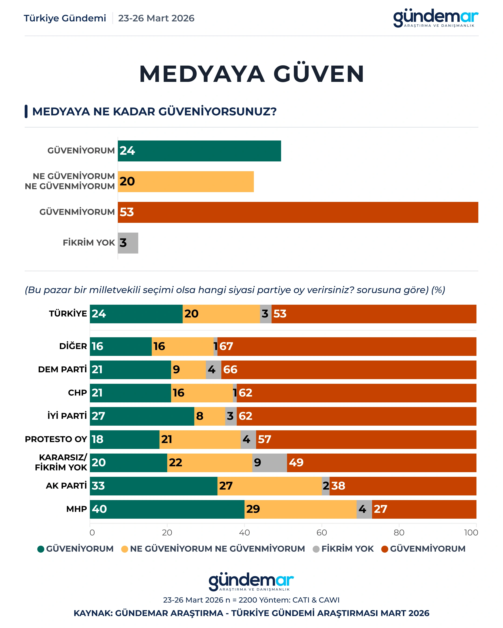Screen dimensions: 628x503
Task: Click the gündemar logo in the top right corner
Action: point(436,18)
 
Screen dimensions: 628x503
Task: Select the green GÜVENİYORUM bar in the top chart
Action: point(199,151)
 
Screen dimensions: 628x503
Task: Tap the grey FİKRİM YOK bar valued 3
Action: point(128,243)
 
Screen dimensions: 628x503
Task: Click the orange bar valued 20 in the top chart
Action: point(186,181)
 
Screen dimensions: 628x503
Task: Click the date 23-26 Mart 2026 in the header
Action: point(156,18)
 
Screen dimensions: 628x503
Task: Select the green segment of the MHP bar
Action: point(167,509)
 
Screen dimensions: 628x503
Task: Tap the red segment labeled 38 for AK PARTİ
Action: point(403,486)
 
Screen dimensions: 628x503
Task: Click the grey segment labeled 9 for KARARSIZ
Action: point(269,463)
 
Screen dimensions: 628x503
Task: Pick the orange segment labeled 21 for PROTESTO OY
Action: point(200,439)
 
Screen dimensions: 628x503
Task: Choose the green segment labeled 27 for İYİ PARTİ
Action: point(142,416)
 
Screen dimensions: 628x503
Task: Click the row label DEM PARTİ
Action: point(62,369)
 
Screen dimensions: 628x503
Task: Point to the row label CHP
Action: point(77,393)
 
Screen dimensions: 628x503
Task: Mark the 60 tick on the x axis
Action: point(322,532)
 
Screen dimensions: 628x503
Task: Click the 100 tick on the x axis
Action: point(471,532)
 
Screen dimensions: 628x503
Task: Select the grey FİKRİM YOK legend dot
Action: point(316,549)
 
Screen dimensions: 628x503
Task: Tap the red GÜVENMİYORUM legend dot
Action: point(385,549)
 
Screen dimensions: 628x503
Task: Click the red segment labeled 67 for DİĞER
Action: point(347,346)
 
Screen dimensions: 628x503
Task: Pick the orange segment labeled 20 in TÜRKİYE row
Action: point(221,314)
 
